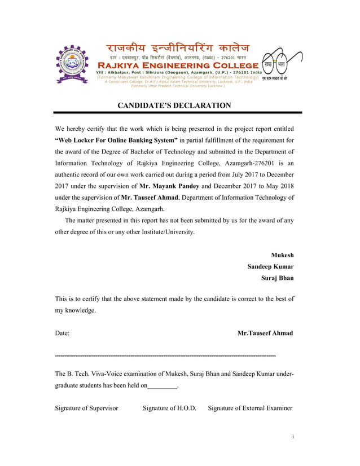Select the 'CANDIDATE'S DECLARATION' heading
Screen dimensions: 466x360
click(174, 105)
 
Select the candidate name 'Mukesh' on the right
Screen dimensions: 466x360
click(282, 255)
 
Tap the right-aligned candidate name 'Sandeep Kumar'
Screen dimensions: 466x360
click(270, 266)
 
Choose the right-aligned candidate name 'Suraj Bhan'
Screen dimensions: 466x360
click(276, 278)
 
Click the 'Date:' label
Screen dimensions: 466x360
click(62, 333)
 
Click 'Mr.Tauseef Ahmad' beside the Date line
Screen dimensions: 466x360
click(265, 333)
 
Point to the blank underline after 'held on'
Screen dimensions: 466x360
click(162, 386)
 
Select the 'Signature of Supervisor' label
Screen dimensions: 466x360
click(86, 408)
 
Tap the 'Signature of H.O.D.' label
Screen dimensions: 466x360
click(169, 408)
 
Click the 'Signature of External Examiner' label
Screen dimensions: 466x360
click(250, 408)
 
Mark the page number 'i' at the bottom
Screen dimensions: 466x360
click(293, 436)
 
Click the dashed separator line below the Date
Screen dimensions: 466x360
click(165, 357)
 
